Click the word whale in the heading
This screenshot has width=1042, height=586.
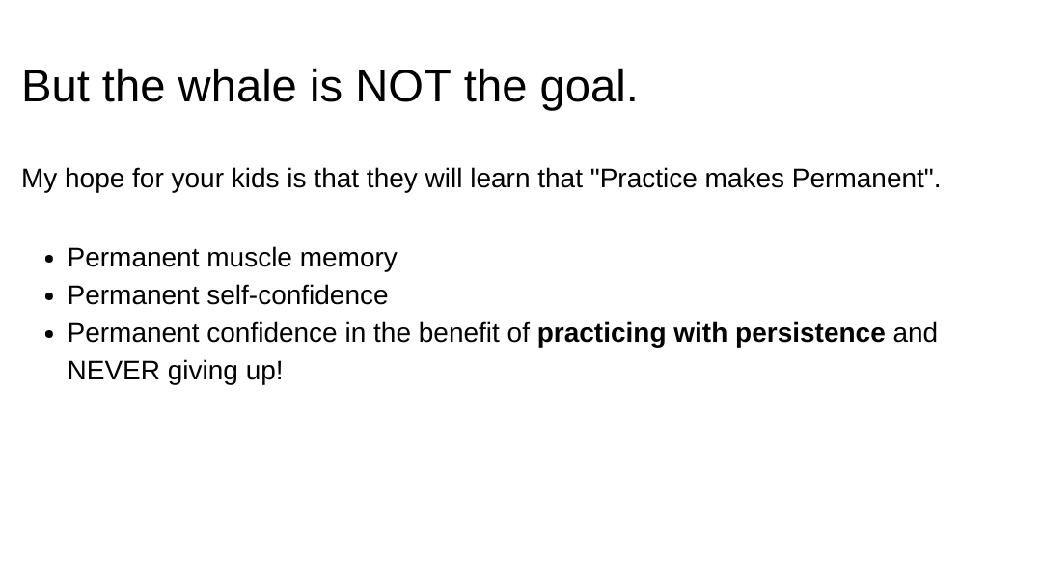point(236,86)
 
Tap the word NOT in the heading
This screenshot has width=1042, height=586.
point(403,86)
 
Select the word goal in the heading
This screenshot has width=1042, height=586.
point(589,89)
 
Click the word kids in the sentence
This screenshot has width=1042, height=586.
point(255,179)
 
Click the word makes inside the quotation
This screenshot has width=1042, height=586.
point(744,179)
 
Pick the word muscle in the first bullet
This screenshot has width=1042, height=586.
point(249,258)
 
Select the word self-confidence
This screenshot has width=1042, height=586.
point(297,295)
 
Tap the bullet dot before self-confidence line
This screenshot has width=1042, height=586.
point(48,297)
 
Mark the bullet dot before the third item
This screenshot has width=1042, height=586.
point(48,335)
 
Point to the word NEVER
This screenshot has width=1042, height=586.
point(114,371)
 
